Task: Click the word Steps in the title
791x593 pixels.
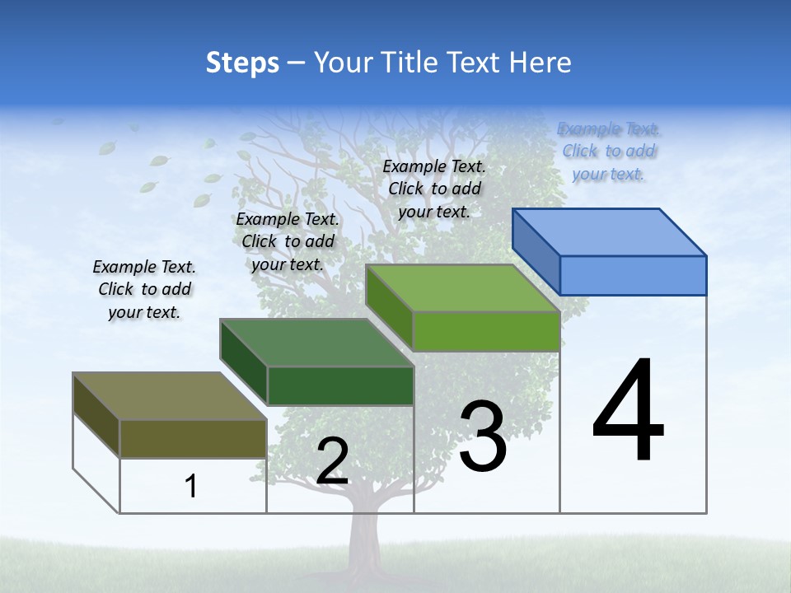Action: tap(241, 63)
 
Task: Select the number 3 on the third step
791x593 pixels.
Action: tap(483, 437)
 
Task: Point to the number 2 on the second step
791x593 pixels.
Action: tap(332, 461)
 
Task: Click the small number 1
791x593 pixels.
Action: tap(191, 486)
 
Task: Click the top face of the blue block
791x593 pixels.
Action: tap(610, 231)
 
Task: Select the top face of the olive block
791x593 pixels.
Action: tap(169, 395)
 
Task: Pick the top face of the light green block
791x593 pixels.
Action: tap(463, 287)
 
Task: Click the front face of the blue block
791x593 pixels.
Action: tap(633, 275)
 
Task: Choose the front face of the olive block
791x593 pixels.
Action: tap(193, 438)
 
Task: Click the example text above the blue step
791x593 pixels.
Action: tap(609, 152)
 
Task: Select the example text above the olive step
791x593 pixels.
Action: tap(144, 289)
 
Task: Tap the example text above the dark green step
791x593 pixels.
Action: tap(288, 241)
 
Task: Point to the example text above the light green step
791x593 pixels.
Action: tap(434, 189)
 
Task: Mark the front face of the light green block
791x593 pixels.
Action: tap(486, 331)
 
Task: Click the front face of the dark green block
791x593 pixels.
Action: tap(340, 385)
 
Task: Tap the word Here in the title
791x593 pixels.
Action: tap(541, 63)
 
